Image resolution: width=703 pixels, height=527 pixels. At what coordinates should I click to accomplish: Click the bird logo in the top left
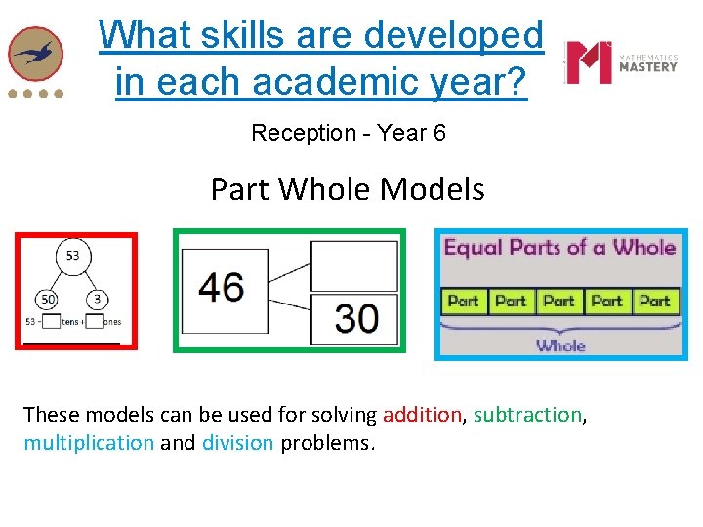[35, 54]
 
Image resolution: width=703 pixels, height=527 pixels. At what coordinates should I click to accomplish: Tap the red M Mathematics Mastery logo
[589, 62]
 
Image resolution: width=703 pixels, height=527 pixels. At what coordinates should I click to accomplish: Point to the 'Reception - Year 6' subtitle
[349, 133]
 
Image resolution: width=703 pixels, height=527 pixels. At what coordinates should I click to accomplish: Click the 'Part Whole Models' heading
[348, 188]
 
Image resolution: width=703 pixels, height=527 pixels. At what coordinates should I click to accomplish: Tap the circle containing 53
[73, 257]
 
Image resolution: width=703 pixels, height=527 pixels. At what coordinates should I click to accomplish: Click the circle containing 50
[48, 299]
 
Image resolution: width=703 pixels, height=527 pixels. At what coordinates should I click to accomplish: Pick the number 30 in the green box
[356, 317]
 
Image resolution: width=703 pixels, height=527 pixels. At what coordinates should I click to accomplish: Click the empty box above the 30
[354, 265]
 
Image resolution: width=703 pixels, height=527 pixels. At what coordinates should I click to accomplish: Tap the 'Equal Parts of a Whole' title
[560, 247]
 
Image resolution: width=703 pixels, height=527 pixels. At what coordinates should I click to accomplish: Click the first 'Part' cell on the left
[464, 301]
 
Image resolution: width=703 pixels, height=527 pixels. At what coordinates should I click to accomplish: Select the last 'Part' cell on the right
[653, 301]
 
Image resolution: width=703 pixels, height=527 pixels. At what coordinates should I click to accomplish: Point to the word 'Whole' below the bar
[560, 345]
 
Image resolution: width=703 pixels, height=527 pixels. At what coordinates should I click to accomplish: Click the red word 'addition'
[422, 415]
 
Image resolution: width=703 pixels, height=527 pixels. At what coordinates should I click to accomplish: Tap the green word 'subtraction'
[528, 415]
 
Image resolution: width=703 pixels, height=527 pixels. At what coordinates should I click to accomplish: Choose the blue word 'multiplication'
[89, 443]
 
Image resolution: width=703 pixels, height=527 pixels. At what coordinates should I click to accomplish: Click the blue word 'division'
[237, 443]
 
